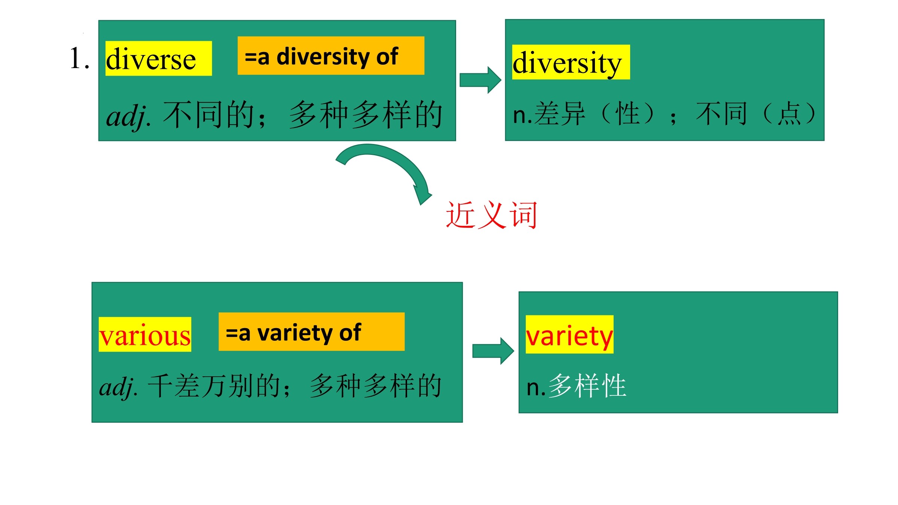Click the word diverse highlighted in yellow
click(x=151, y=59)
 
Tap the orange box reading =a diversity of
click(x=331, y=56)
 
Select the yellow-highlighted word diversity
click(x=567, y=63)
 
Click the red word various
click(x=145, y=335)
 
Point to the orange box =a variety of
click(x=311, y=331)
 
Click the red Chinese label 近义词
click(x=492, y=215)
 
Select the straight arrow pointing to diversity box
click(x=480, y=80)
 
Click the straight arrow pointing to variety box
click(x=493, y=351)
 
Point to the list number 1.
click(x=79, y=58)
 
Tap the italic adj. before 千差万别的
click(x=119, y=387)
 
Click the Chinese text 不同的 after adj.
click(x=210, y=114)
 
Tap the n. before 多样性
click(x=536, y=388)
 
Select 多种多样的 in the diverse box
click(x=366, y=114)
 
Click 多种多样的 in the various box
click(x=376, y=386)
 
